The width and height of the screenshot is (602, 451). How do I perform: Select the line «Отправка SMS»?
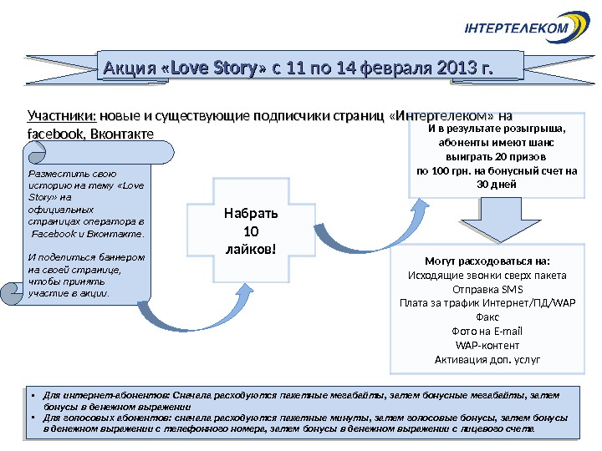(488, 289)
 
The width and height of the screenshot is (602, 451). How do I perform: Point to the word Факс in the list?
(488, 317)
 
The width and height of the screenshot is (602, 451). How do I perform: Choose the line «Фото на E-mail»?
(488, 332)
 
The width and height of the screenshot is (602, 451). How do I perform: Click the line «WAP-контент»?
(488, 346)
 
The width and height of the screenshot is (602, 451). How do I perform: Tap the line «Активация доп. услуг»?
(488, 360)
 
